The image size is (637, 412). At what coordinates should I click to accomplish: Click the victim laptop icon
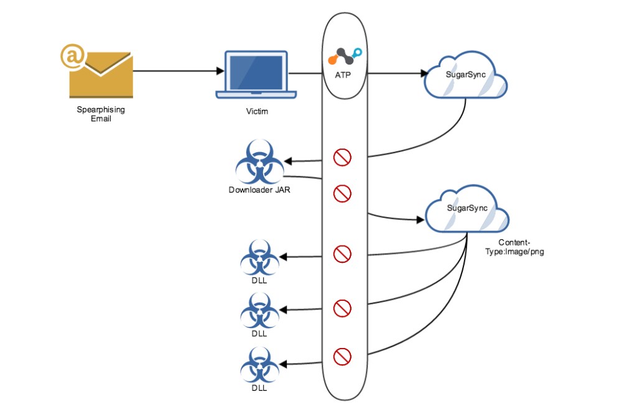[x=256, y=75]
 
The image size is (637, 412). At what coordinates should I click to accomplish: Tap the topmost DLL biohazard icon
[x=259, y=258]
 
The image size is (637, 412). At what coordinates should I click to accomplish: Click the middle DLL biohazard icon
[x=259, y=311]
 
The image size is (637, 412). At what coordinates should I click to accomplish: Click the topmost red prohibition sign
[x=342, y=158]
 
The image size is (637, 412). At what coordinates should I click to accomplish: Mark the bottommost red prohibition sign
[x=342, y=357]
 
